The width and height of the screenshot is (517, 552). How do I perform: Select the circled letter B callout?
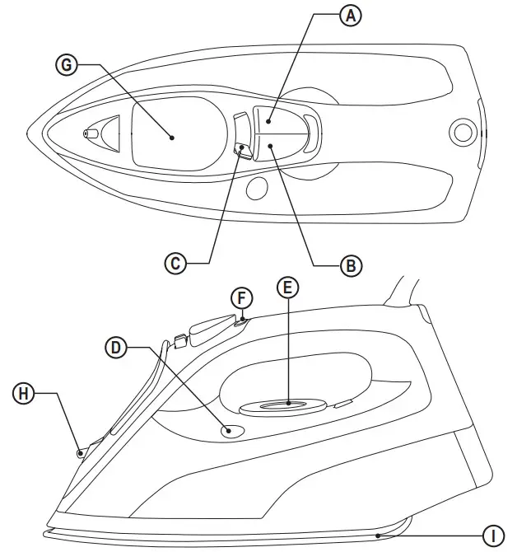(x=351, y=264)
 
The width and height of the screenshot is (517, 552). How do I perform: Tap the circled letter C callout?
(x=175, y=263)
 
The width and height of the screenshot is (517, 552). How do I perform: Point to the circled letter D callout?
(x=118, y=348)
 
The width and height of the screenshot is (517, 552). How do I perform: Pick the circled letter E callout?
(x=287, y=288)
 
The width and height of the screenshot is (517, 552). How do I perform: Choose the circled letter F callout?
(x=240, y=297)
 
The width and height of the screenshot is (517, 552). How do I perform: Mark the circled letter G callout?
(x=67, y=65)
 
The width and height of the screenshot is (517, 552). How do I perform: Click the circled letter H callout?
(x=26, y=394)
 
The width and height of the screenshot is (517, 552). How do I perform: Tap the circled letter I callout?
(x=493, y=536)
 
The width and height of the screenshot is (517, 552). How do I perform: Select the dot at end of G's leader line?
(x=171, y=138)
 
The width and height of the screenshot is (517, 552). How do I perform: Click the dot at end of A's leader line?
(x=268, y=121)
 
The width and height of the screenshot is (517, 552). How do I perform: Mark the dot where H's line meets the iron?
(x=81, y=451)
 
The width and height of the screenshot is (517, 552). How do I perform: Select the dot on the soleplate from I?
(x=378, y=535)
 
